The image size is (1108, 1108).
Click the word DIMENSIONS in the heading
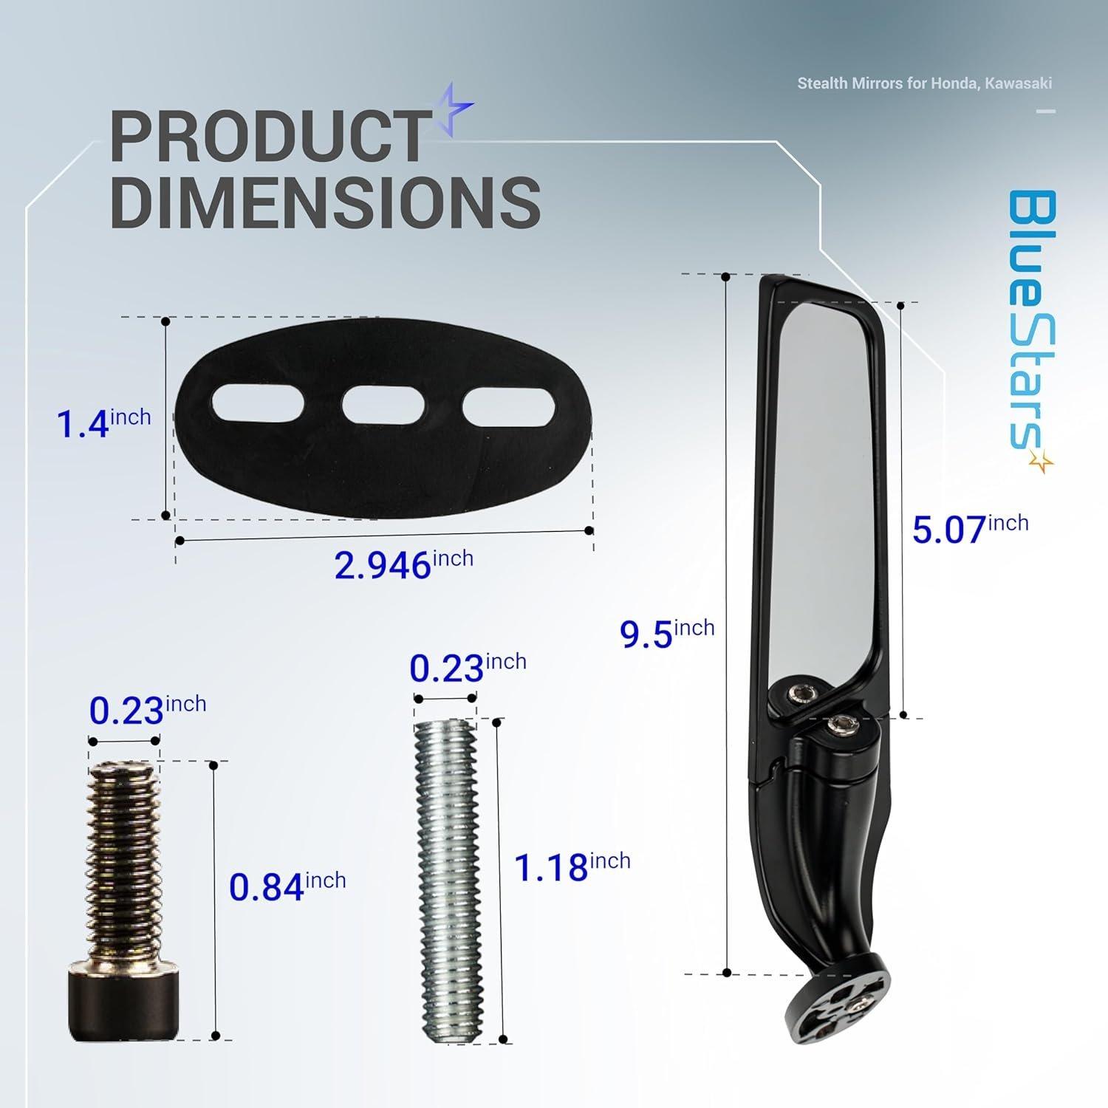click(x=326, y=200)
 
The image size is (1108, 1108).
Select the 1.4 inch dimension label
click(x=104, y=424)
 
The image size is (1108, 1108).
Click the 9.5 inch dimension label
click(x=667, y=633)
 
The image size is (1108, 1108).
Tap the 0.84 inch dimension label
click(x=287, y=886)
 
